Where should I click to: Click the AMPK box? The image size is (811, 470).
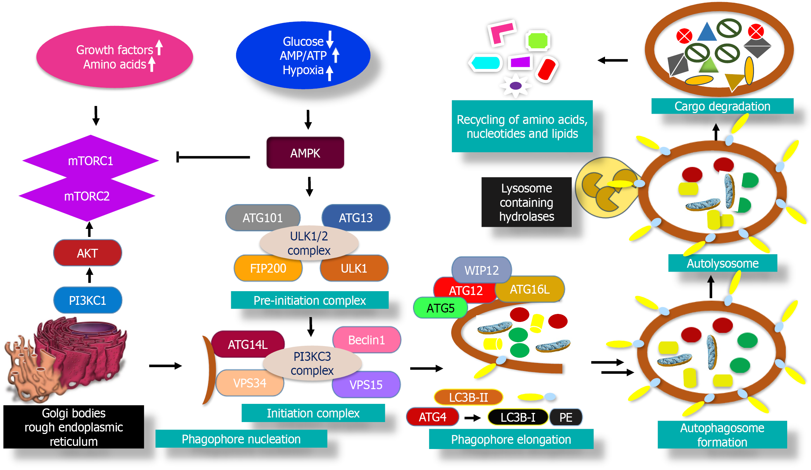(305, 153)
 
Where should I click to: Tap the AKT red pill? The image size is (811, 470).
(88, 253)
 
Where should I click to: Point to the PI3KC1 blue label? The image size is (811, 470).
(88, 300)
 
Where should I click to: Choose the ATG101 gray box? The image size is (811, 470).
(262, 217)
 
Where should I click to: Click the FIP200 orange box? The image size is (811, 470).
(268, 268)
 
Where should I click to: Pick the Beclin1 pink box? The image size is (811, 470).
(366, 339)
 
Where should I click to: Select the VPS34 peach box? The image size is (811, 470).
(249, 383)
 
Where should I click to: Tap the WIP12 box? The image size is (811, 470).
(481, 270)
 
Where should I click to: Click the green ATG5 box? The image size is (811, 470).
(440, 308)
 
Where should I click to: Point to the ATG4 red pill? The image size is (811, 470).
(433, 417)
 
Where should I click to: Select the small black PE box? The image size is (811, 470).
(566, 417)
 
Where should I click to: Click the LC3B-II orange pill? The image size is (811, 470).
(468, 397)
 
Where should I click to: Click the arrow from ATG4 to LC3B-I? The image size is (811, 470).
(473, 418)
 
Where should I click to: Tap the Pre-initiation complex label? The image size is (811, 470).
(310, 300)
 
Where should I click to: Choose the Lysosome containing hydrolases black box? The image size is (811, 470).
(526, 202)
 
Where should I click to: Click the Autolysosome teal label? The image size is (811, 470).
(722, 263)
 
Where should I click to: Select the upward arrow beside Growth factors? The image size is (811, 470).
(159, 47)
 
